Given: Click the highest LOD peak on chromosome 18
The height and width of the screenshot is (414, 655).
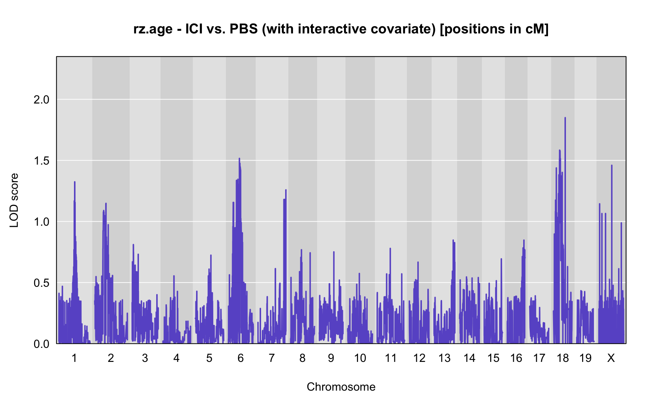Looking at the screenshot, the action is (x=565, y=118).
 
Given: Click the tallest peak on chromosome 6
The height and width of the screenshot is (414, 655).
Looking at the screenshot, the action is (x=239, y=158).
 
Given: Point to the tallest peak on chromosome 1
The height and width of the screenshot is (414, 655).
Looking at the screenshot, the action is (x=75, y=182).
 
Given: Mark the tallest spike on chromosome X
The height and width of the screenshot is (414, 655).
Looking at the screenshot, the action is (x=612, y=166).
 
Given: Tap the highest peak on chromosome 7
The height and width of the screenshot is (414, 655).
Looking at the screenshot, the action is (x=286, y=190).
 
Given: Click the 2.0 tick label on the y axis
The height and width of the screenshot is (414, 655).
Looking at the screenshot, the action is (x=41, y=100).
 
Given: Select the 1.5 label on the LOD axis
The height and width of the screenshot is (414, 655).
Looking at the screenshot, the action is (x=41, y=161).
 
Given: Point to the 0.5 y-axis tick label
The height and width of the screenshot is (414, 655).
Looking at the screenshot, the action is (x=41, y=283).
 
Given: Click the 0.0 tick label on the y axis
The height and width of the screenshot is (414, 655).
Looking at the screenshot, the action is (x=41, y=344).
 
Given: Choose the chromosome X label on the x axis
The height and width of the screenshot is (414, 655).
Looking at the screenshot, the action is (x=611, y=358).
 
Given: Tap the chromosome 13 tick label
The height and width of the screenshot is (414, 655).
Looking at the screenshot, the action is (x=444, y=358).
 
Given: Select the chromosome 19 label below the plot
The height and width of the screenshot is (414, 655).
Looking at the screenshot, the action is (x=585, y=358).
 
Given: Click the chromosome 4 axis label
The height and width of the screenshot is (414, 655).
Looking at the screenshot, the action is (x=176, y=358).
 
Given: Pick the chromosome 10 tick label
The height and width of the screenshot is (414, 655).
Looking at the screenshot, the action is (x=360, y=358).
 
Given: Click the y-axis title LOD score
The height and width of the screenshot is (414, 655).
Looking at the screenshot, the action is (x=14, y=200).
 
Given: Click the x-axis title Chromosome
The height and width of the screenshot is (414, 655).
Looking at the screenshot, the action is (x=341, y=387).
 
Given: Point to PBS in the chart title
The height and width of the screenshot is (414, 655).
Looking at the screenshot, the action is (x=244, y=29).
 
